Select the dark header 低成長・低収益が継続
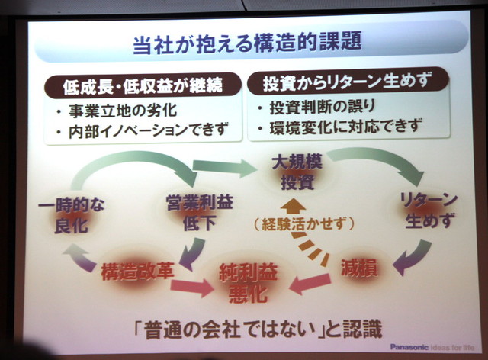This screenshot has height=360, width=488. [x=143, y=84]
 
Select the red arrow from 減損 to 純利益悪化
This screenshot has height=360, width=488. [x=309, y=284]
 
